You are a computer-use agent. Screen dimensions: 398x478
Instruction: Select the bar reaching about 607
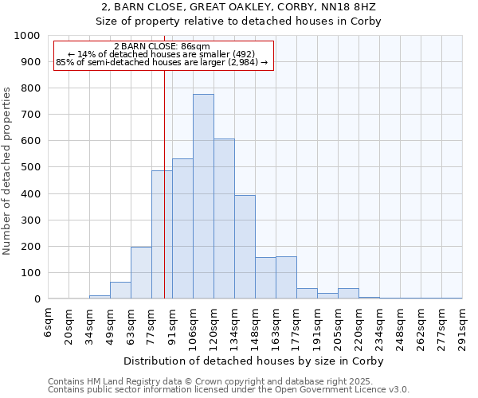coord(224,219)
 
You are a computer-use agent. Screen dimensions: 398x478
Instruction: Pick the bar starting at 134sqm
coord(245,247)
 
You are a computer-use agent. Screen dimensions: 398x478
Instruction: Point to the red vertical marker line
coord(164,199)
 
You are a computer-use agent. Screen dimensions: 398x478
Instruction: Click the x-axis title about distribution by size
coord(255,361)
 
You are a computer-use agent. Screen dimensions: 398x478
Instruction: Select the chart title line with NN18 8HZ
coord(239,7)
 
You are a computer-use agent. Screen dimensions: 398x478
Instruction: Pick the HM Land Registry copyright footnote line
coord(228,381)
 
